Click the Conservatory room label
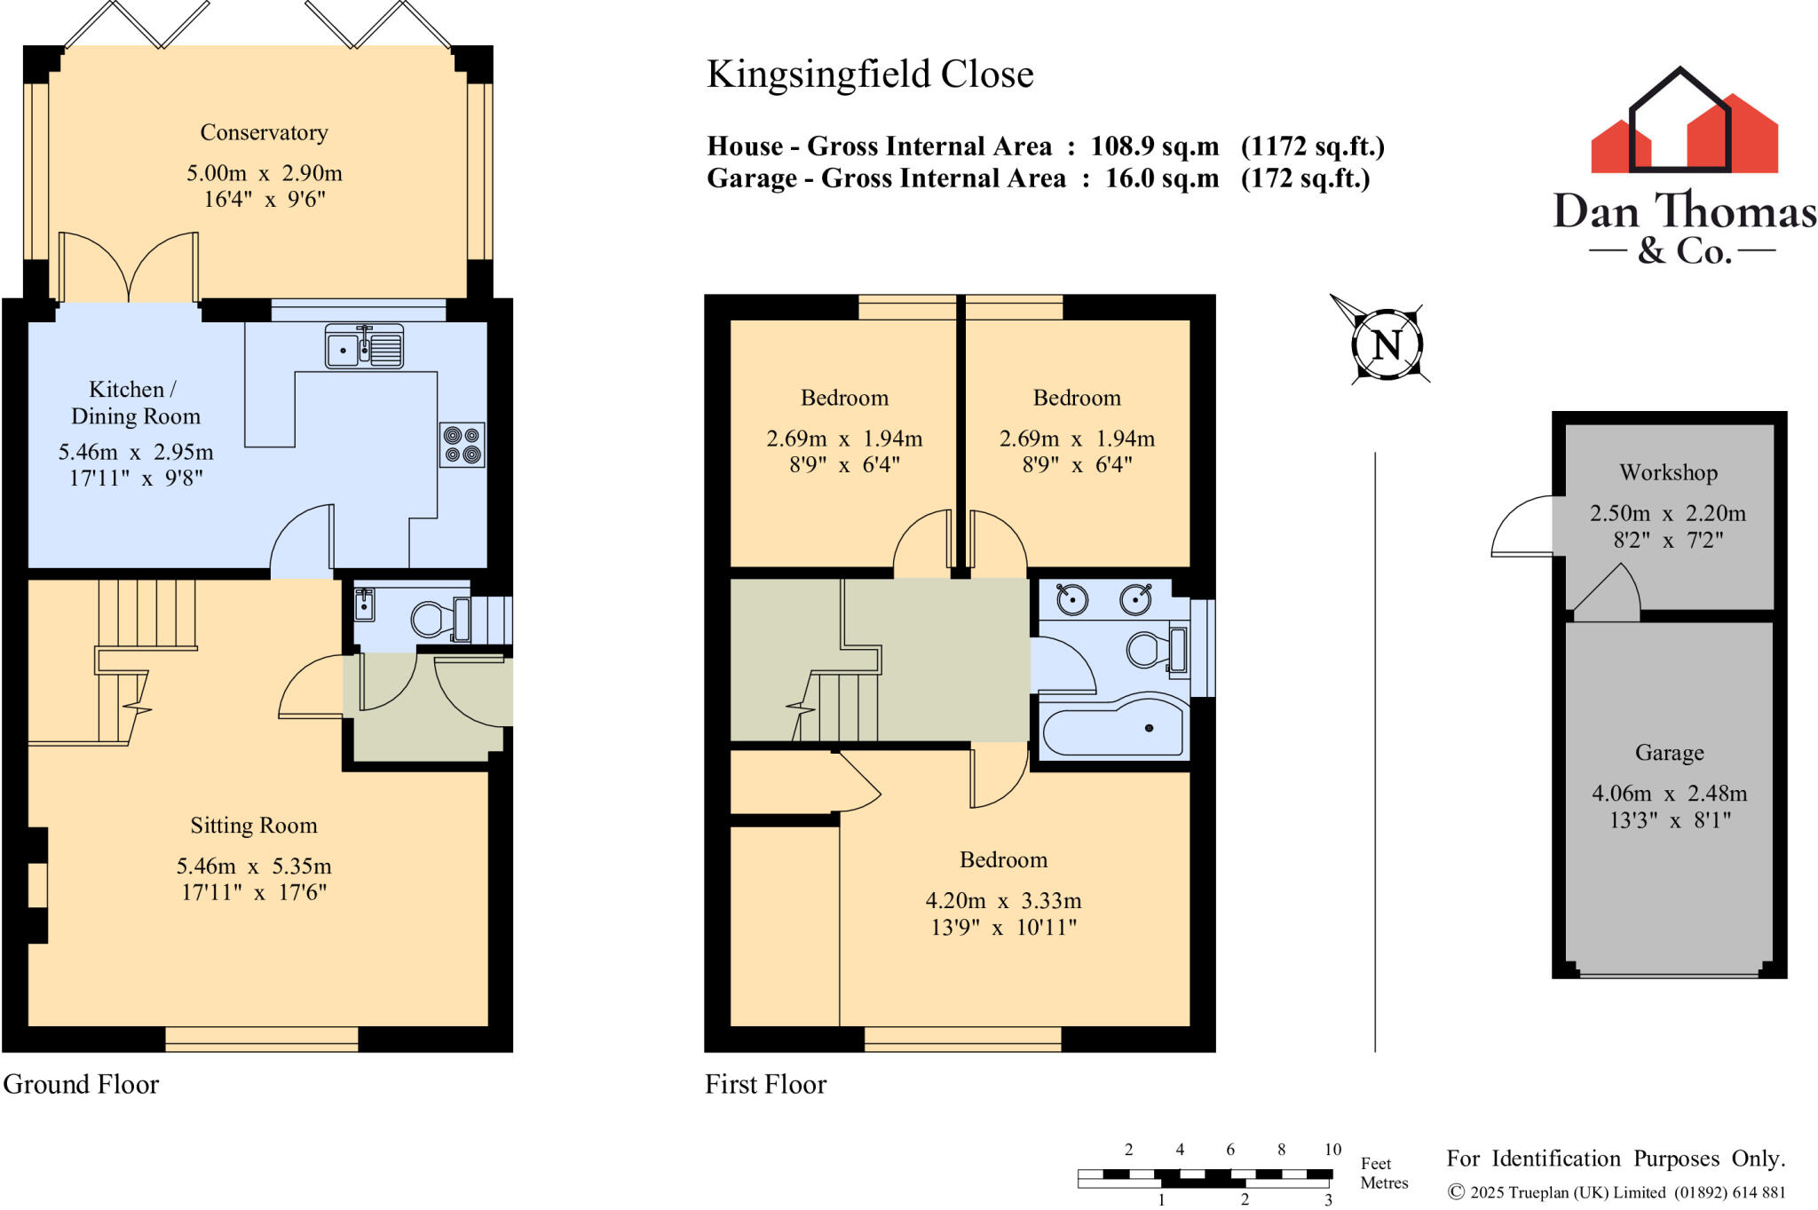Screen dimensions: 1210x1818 click(x=264, y=132)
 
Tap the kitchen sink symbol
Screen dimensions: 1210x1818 click(x=364, y=346)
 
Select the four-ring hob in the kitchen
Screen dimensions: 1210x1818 click(x=462, y=445)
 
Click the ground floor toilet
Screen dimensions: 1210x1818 click(x=432, y=619)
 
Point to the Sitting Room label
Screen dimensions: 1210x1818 click(x=254, y=826)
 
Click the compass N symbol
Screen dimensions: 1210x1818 click(x=1387, y=344)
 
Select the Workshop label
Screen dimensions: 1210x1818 click(x=1668, y=472)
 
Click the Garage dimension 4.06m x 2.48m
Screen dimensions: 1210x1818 click(x=1669, y=794)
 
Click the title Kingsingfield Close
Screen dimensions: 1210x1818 click(x=870, y=75)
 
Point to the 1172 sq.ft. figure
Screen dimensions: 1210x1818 click(x=1312, y=146)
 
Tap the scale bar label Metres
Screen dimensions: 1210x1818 click(x=1384, y=1182)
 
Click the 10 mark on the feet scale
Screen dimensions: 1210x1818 click(x=1332, y=1150)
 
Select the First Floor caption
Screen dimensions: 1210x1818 click(x=765, y=1084)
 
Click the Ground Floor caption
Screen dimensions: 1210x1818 click(x=81, y=1084)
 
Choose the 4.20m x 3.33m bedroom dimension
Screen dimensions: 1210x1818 click(x=1003, y=901)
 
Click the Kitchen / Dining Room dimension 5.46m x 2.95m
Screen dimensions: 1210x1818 click(x=136, y=452)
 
